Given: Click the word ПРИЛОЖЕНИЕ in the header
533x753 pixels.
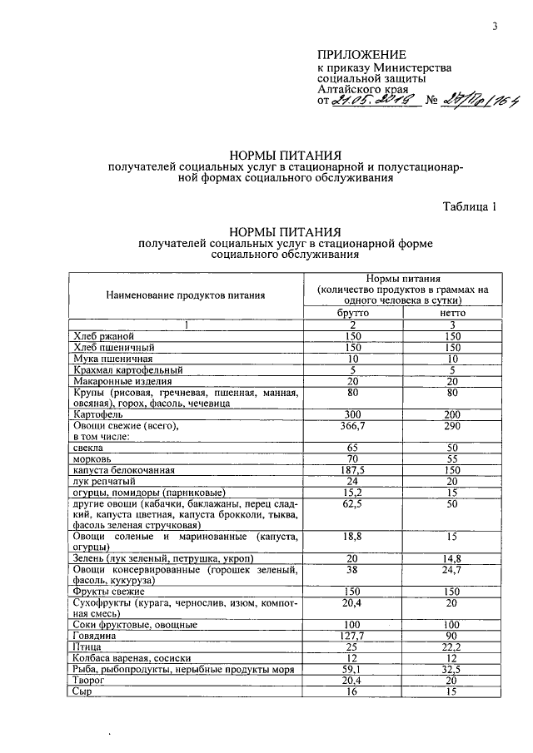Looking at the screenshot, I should pos(361,54).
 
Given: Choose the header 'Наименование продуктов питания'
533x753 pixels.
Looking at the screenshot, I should pos(186,294).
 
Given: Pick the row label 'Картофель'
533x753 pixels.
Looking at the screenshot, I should pos(98,414).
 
